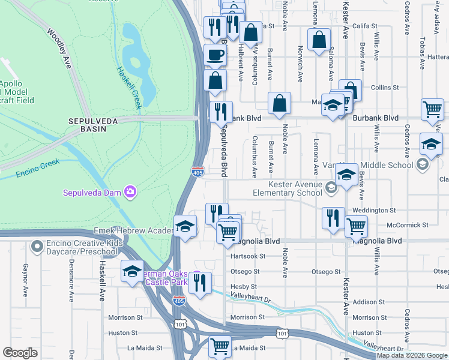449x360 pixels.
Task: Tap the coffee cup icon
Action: (x=215, y=55)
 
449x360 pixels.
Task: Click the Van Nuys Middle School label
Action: (x=379, y=165)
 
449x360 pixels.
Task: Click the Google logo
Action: (x=20, y=353)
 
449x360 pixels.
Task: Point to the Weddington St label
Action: (x=375, y=211)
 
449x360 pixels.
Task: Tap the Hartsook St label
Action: (x=248, y=256)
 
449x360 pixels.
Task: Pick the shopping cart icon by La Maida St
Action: (x=220, y=346)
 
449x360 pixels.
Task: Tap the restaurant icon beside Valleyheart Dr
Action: (x=200, y=281)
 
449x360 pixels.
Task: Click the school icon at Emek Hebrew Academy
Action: (x=185, y=226)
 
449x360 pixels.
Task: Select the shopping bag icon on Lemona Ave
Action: (x=319, y=40)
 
